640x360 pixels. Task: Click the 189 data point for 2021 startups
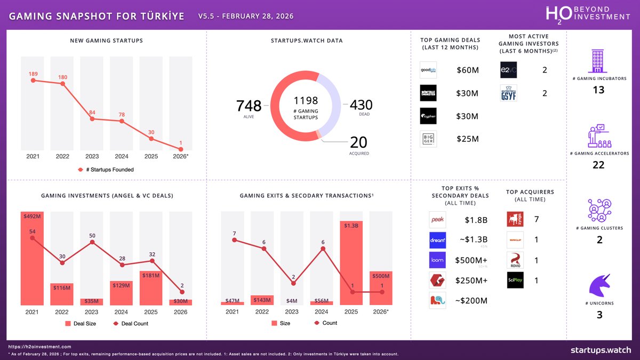(x=33, y=81)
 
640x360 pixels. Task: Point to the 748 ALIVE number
(x=249, y=106)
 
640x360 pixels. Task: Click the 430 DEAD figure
(x=361, y=105)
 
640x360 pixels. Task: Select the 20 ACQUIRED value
(x=359, y=142)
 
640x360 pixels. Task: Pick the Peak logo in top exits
(x=437, y=220)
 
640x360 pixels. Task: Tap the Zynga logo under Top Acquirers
(x=515, y=219)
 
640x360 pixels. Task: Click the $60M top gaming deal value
(x=467, y=70)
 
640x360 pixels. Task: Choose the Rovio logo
(x=515, y=260)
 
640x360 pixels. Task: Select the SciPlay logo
(x=515, y=281)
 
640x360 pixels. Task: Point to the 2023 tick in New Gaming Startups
(x=93, y=157)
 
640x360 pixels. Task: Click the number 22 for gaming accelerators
(x=598, y=165)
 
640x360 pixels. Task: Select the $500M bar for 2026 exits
(x=381, y=288)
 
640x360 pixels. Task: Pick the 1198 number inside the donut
(x=305, y=101)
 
